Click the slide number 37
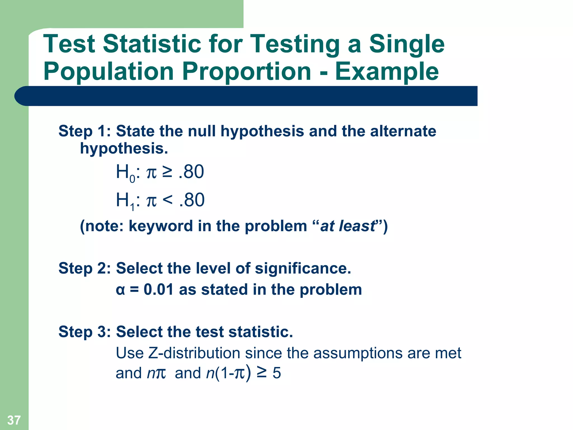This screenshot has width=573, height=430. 14,420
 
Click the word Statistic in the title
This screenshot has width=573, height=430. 152,44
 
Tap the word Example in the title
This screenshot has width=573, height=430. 387,71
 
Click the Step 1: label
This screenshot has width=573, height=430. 84,131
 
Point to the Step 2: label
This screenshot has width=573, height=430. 84,268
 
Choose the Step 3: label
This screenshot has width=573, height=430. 84,332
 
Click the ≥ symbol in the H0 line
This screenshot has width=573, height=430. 167,172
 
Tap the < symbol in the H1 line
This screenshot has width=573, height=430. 168,200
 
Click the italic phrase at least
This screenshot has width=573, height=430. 347,226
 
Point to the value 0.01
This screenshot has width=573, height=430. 159,289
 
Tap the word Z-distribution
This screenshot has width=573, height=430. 194,353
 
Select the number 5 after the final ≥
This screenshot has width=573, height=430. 277,373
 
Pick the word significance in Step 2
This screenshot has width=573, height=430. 303,268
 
